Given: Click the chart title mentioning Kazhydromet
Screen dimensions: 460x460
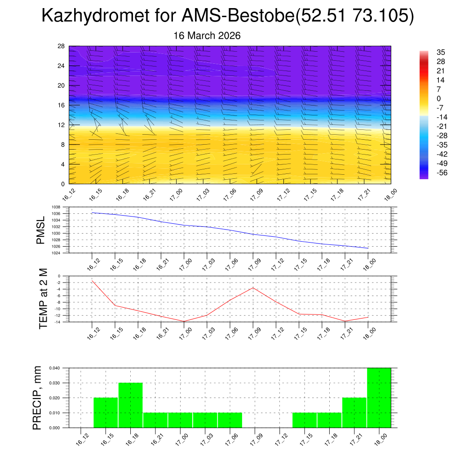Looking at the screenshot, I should tap(227, 16).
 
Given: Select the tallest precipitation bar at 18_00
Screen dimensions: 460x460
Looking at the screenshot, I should tap(379, 398).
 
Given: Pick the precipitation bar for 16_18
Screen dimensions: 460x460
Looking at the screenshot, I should tap(131, 405).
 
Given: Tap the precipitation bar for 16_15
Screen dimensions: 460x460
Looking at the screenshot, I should tap(106, 412).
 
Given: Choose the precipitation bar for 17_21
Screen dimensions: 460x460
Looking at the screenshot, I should tap(354, 412).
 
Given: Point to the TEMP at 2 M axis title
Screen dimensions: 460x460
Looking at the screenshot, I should tap(43, 299).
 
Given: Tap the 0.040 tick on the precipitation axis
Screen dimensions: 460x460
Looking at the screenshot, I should tap(54, 368).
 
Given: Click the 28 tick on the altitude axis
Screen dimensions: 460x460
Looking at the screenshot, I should tap(62, 46).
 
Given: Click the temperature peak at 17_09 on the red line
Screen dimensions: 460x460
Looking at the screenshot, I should tap(253, 287).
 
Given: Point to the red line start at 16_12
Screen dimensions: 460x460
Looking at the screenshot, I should tap(92, 281).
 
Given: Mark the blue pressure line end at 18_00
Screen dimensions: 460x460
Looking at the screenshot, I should tap(368, 248).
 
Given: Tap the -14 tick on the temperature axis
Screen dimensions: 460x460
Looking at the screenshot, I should tap(58, 322).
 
